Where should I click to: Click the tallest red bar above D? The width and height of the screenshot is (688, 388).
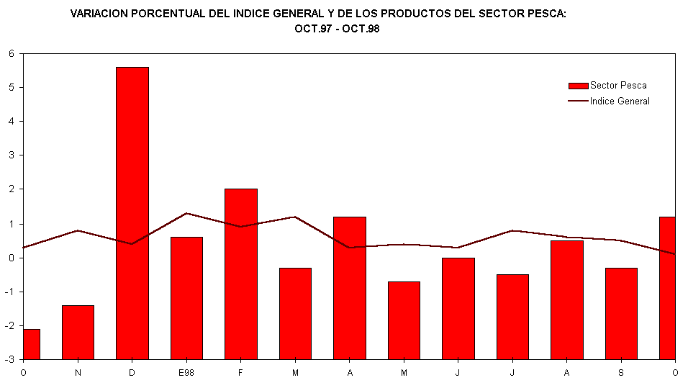[x=132, y=213]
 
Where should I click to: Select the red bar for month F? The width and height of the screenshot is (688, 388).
[x=240, y=274]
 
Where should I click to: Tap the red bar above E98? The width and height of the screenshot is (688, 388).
[x=186, y=297]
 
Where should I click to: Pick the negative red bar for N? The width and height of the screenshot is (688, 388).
[x=78, y=332]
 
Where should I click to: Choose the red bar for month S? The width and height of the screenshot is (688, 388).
[x=621, y=313]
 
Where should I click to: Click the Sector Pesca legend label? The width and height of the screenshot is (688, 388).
[x=618, y=86]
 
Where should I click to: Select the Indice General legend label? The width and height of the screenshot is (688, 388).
[x=620, y=101]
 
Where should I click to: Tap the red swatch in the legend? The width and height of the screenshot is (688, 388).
[x=578, y=86]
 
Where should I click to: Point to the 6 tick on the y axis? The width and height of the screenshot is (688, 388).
[x=12, y=53]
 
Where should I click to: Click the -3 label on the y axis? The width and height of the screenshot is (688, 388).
[x=10, y=359]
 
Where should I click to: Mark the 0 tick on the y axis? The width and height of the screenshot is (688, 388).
[x=12, y=258]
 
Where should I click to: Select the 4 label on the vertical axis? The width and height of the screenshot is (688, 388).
[x=12, y=121]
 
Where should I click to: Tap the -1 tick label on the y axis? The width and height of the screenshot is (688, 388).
[x=10, y=292]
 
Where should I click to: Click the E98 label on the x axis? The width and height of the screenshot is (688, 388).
[x=186, y=372]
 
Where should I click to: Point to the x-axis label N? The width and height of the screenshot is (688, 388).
[x=78, y=372]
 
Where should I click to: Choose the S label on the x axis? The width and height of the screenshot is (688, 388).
[x=621, y=372]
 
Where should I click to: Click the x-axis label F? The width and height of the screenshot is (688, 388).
[x=240, y=372]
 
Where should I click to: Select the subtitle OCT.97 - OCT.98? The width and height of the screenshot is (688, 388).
[x=337, y=29]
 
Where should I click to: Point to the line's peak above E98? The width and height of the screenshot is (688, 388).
[x=186, y=213]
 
